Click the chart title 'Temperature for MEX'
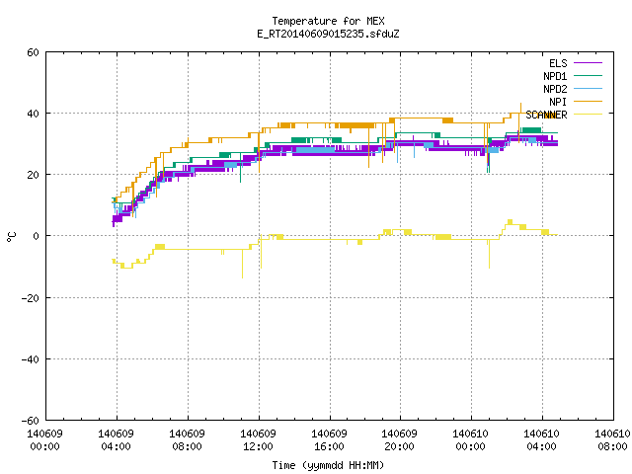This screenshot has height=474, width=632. pos(328,21)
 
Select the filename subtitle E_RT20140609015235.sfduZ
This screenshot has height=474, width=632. pos(328,34)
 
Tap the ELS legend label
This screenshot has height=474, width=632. pos(558,63)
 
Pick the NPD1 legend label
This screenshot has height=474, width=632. pos(555,76)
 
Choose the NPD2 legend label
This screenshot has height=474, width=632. pos(555,89)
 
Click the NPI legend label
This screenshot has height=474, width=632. pos(558,102)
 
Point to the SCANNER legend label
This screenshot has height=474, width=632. pos(546,115)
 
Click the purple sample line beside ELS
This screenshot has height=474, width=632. pos(588,63)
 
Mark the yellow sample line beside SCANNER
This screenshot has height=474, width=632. pos(588,115)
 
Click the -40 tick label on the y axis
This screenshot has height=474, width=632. pos(31,359)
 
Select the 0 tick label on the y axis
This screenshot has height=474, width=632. pos(36,236)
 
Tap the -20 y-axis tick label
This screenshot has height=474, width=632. pos(31,298)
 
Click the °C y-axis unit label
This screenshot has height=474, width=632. pos(11,237)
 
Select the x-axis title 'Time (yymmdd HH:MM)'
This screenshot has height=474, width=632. pos(328,465)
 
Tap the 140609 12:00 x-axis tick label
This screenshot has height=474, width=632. pos(258,440)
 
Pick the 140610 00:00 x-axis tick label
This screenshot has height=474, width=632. pos(470,440)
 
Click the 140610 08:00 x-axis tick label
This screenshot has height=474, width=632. pos(612,440)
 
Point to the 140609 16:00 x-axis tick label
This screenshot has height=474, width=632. pos(329,440)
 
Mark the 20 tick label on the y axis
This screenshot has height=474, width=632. pos(33,176)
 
